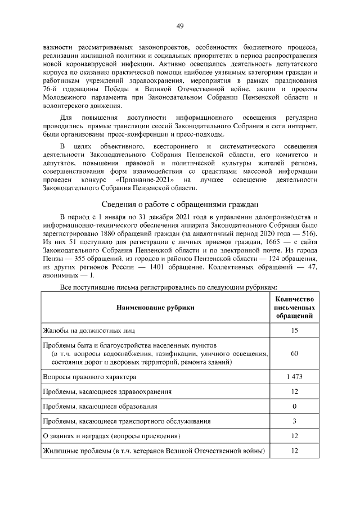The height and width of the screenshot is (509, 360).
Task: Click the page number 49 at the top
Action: (x=180, y=26)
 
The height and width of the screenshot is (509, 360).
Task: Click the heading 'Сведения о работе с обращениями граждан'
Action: (x=180, y=204)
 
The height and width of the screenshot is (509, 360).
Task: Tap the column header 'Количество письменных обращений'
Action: (x=294, y=308)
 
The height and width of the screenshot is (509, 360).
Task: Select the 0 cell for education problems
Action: (x=294, y=406)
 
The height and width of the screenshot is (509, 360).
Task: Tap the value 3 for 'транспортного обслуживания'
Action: (x=294, y=421)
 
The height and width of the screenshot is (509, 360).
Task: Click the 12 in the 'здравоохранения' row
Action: (x=294, y=391)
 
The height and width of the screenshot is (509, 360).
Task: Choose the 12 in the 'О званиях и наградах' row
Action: (x=294, y=436)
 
